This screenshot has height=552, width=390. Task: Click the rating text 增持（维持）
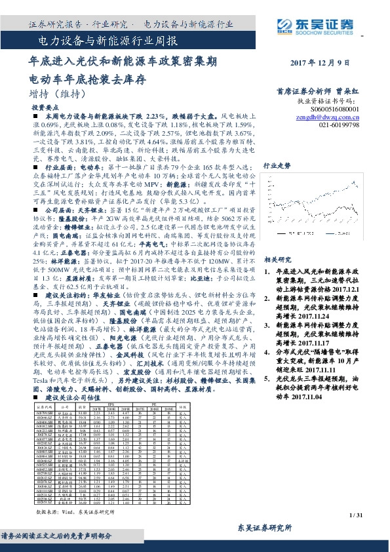point(56,93)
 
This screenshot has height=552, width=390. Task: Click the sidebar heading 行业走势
point(277,167)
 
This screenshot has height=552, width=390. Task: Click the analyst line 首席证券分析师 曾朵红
point(326,92)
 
